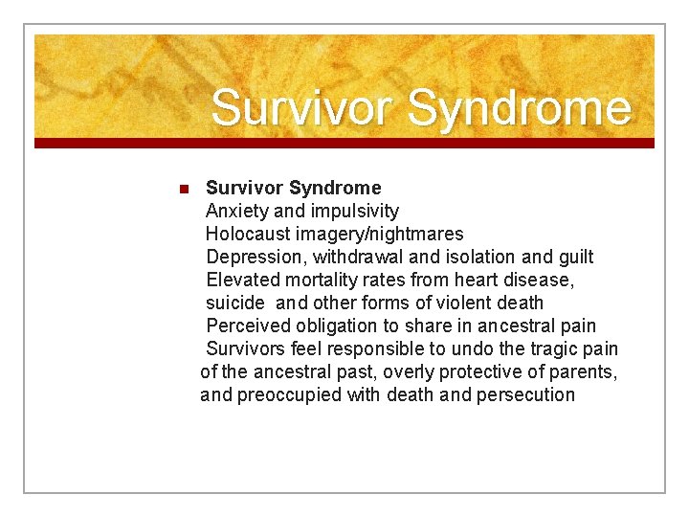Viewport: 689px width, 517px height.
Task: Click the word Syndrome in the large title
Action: click(519, 108)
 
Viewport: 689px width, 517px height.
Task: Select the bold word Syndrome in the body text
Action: click(335, 188)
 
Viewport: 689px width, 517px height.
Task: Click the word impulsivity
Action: click(351, 211)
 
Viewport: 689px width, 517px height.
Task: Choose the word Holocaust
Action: click(249, 234)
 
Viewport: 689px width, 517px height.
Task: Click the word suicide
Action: click(235, 303)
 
